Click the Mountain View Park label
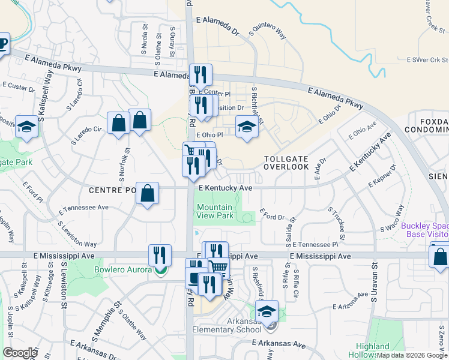[215, 211]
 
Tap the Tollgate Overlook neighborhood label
[286, 162]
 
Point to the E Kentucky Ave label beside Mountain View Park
[225, 188]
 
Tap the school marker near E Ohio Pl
[246, 127]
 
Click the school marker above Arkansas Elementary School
[267, 311]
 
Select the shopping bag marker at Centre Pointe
[147, 193]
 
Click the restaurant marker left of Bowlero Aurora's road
[160, 254]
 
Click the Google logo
[20, 353]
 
